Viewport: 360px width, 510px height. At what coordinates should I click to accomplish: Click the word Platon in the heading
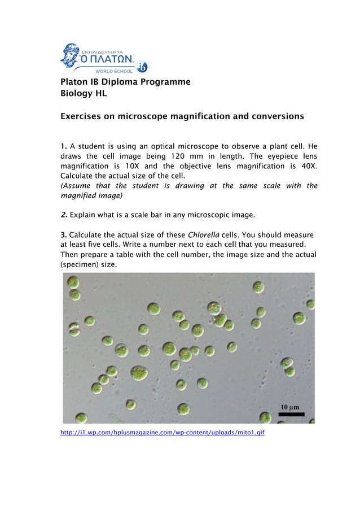(x=75, y=82)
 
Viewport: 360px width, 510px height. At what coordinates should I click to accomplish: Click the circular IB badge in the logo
(x=141, y=67)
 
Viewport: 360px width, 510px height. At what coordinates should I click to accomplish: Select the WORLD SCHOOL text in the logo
(x=113, y=71)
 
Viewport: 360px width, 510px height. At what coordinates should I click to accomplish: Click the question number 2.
(x=64, y=215)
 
